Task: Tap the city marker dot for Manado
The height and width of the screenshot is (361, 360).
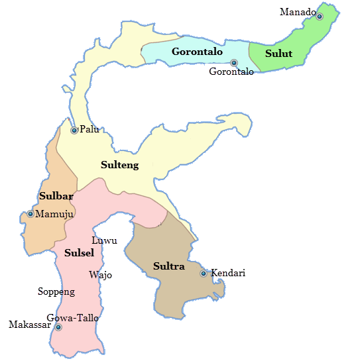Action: tap(319, 17)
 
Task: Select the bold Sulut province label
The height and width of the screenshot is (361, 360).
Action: tap(278, 54)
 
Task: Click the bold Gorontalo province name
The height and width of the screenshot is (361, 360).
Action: tap(197, 52)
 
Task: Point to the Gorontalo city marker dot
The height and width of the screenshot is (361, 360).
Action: tap(233, 63)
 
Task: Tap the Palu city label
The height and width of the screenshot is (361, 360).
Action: tap(90, 129)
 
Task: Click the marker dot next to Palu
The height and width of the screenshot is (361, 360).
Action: tap(74, 130)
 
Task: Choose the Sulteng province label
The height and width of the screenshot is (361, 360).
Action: tap(119, 165)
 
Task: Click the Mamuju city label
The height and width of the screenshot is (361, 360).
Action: tap(54, 214)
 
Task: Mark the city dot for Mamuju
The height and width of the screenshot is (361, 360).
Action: tap(30, 214)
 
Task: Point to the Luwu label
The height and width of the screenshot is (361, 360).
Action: tap(104, 240)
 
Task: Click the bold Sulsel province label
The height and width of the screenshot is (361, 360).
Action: tap(79, 253)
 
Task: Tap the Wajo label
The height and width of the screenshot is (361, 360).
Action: tap(100, 275)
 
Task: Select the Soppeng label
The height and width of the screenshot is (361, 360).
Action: tap(56, 291)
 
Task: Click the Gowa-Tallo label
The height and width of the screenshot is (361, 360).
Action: tap(73, 319)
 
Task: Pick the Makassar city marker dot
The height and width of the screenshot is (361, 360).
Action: tap(58, 327)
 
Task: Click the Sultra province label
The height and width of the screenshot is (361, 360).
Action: tap(168, 267)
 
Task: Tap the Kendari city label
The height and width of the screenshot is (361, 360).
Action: tap(229, 273)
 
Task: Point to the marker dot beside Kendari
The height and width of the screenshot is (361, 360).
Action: tap(204, 274)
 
